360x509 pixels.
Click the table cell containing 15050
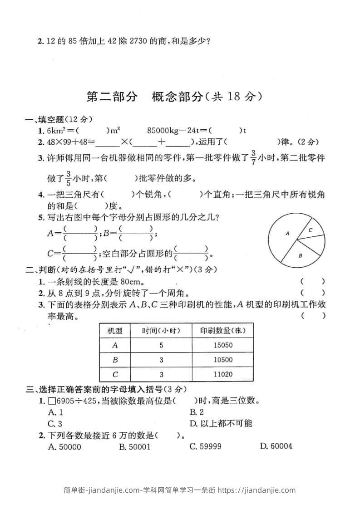(222, 345)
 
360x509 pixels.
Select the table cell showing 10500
(222, 360)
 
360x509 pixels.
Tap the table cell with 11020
(222, 375)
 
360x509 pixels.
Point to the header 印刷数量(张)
(222, 330)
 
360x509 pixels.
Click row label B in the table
(115, 360)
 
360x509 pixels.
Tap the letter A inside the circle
(287, 233)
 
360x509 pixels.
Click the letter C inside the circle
(311, 230)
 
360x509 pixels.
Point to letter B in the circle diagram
(300, 256)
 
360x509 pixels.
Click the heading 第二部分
(111, 97)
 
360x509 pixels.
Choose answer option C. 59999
(205, 446)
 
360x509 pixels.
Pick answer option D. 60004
(276, 446)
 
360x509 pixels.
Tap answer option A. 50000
(64, 446)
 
